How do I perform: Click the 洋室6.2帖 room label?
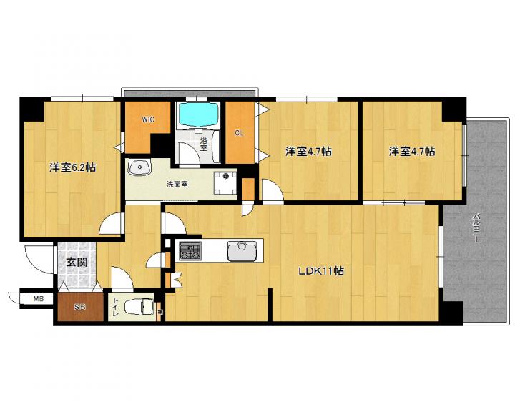click(72, 167)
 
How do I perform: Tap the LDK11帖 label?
click(321, 270)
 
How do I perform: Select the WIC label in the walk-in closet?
click(148, 119)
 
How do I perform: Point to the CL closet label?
click(239, 133)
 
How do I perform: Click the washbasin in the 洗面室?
click(139, 167)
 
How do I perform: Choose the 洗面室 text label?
click(177, 185)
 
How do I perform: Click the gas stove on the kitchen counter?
click(190, 250)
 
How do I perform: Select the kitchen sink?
click(242, 251)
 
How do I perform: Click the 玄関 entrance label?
click(77, 262)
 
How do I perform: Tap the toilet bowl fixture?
click(139, 308)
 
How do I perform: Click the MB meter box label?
click(39, 299)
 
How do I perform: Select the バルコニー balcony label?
click(475, 228)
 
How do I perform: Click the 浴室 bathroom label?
click(204, 144)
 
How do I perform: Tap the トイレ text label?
click(116, 307)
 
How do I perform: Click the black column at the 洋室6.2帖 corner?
click(32, 109)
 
